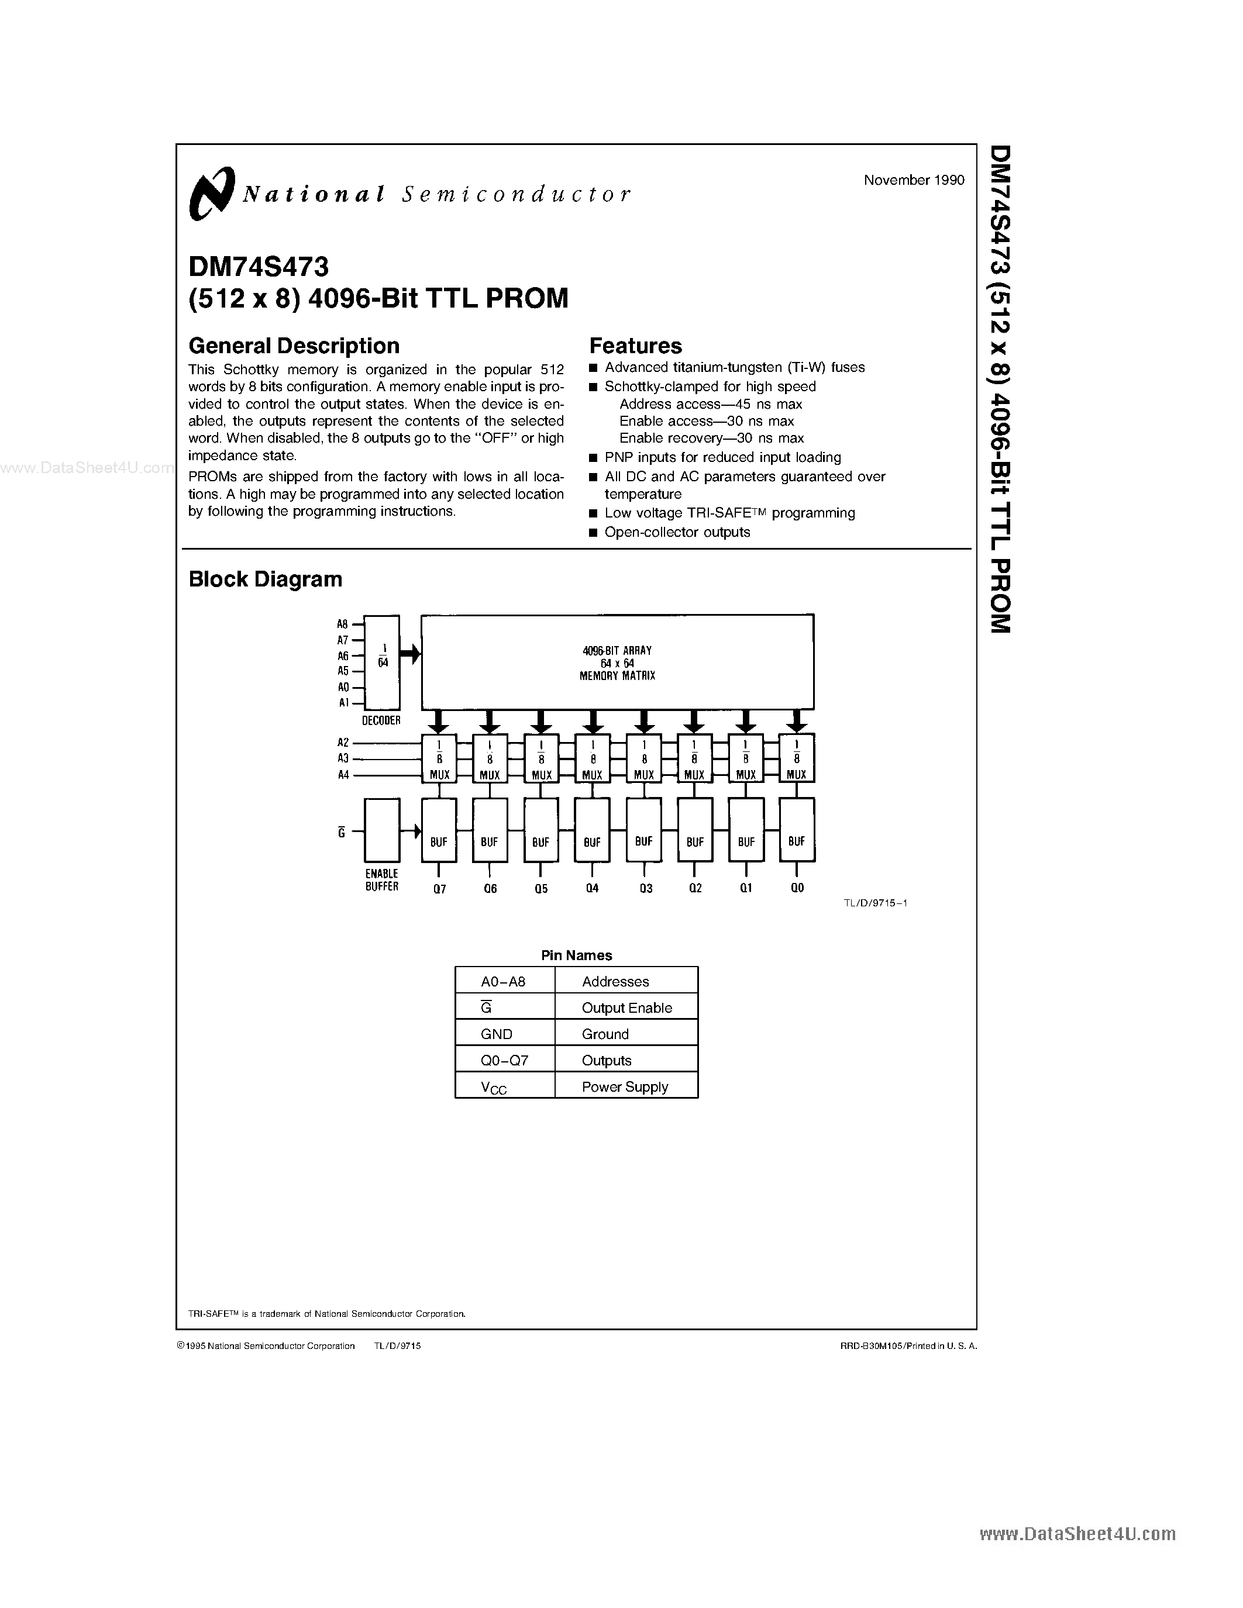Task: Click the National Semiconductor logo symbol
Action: click(211, 192)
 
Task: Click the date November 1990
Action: click(914, 180)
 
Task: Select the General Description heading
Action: click(294, 346)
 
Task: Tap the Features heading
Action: click(635, 346)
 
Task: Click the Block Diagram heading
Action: click(265, 579)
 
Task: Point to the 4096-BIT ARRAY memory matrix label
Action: click(617, 662)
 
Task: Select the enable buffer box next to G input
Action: click(382, 830)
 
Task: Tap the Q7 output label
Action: click(440, 889)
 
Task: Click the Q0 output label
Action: click(797, 888)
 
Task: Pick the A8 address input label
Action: click(342, 624)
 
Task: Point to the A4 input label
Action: click(343, 775)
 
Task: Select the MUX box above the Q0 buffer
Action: click(797, 758)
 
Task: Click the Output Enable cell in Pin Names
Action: click(626, 1007)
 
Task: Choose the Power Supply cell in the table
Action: click(625, 1087)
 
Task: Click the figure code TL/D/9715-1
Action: click(875, 903)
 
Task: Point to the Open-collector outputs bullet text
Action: click(677, 532)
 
